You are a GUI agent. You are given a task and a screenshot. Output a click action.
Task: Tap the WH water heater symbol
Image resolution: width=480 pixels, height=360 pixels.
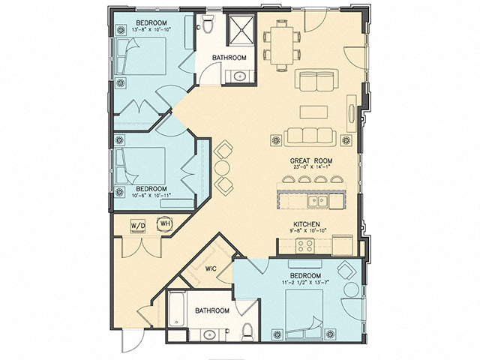164,223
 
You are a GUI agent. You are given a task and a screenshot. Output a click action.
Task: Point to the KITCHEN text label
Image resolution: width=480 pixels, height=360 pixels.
307,224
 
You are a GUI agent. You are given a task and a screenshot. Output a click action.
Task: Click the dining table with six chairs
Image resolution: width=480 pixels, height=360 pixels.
281,43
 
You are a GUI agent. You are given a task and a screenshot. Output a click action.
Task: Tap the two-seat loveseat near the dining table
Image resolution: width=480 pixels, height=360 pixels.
317,79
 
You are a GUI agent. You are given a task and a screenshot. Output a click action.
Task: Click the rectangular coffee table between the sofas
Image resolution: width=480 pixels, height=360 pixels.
313,112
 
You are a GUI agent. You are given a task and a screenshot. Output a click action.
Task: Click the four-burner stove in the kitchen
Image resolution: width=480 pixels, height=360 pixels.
304,244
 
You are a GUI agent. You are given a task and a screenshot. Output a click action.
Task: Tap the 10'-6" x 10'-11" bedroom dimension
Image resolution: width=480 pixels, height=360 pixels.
154,195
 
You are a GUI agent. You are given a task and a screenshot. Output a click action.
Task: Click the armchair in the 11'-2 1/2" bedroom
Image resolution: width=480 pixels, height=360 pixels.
346,271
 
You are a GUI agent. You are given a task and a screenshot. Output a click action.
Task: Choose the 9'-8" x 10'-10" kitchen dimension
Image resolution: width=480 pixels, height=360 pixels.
307,231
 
